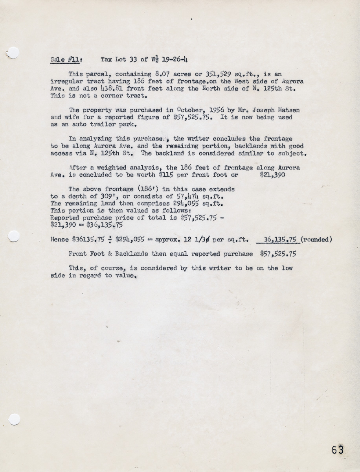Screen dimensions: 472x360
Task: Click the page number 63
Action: click(337, 450)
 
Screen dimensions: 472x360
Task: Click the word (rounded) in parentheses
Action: click(317, 239)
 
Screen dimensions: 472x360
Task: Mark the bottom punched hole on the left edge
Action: click(14, 419)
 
